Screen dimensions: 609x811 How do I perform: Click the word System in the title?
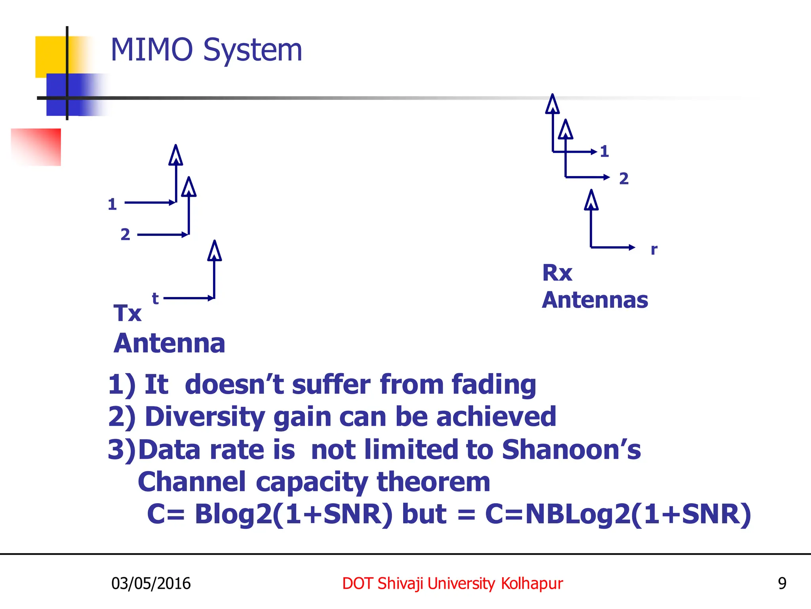click(x=253, y=51)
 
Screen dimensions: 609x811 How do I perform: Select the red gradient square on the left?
click(x=36, y=147)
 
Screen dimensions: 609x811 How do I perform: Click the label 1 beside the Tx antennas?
click(x=112, y=205)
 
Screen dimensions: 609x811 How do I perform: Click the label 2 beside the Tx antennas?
click(x=125, y=234)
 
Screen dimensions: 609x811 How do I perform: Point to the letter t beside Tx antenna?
click(x=155, y=298)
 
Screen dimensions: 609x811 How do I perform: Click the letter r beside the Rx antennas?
click(x=654, y=249)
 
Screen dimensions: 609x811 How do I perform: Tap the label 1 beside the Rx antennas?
click(x=604, y=151)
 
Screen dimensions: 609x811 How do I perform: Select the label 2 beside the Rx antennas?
click(x=624, y=178)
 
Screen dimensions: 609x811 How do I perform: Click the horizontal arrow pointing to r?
click(x=613, y=247)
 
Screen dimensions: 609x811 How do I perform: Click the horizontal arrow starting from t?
click(x=188, y=298)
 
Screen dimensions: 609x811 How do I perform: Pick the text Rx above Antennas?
click(x=557, y=273)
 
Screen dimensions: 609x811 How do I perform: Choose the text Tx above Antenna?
click(x=127, y=313)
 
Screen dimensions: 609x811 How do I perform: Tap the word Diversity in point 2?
click(x=205, y=417)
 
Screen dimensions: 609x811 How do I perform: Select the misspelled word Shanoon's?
click(x=571, y=450)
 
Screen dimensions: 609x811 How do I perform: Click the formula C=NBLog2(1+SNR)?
click(x=618, y=514)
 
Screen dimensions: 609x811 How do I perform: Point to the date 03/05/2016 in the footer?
click(x=151, y=583)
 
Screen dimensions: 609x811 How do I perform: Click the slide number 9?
click(x=782, y=583)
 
